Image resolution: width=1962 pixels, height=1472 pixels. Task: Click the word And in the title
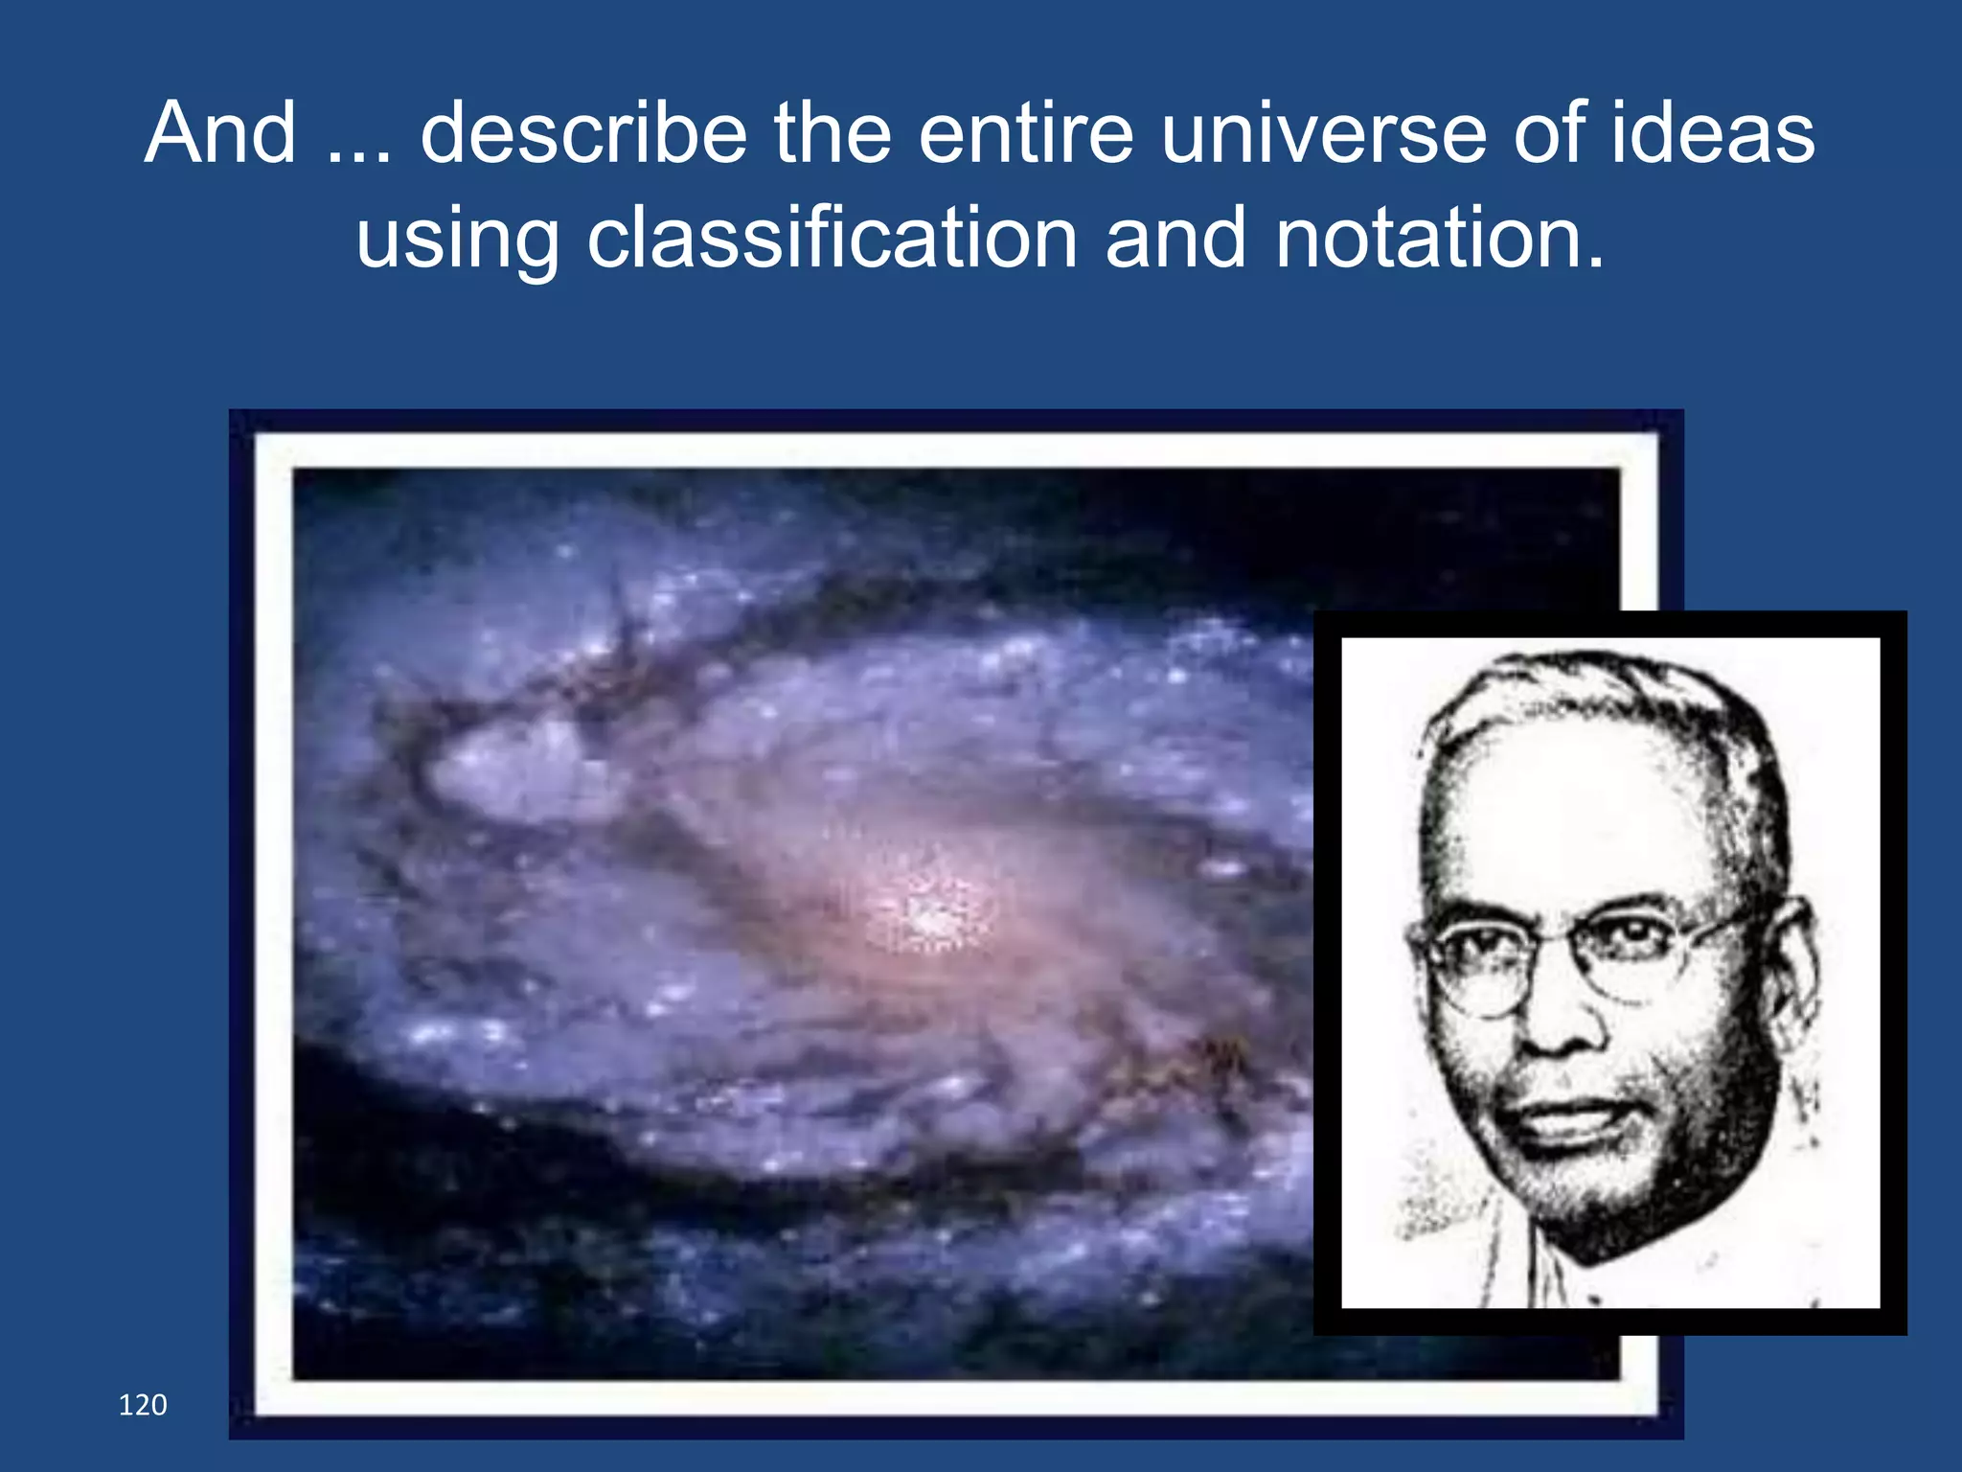tap(220, 134)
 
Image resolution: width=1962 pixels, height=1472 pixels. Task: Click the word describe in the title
tap(583, 134)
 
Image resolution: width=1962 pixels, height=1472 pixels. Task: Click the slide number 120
tap(142, 1405)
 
